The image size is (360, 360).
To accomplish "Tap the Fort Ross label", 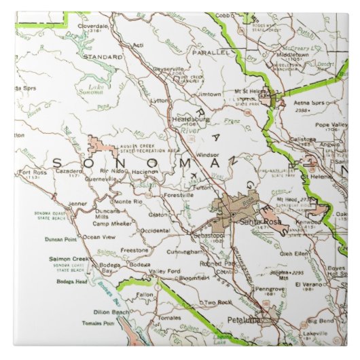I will tap(33, 173).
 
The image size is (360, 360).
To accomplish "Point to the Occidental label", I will tap(154, 231).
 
